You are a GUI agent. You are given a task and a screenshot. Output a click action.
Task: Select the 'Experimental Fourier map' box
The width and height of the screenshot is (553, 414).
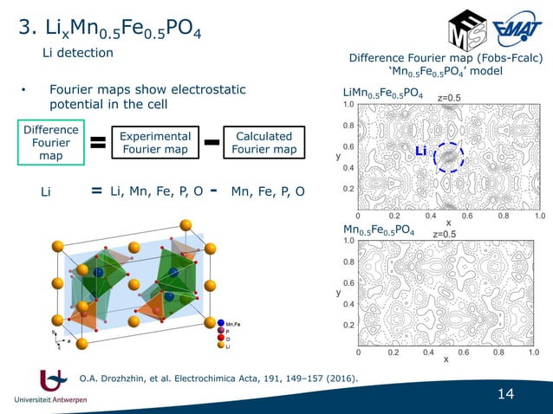(x=155, y=144)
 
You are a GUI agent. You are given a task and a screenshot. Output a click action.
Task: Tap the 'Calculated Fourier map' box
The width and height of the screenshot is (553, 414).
(x=264, y=144)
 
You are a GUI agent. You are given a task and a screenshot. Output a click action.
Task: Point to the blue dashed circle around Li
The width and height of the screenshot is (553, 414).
(x=449, y=158)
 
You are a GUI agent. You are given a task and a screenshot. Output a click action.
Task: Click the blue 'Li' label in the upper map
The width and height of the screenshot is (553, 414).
(x=421, y=152)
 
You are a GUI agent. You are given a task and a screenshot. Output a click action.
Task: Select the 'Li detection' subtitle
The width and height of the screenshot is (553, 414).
(x=79, y=54)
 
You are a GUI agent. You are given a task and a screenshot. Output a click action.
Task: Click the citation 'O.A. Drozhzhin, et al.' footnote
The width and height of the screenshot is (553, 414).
(x=218, y=378)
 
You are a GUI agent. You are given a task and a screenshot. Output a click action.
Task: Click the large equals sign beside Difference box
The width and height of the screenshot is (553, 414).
(x=99, y=144)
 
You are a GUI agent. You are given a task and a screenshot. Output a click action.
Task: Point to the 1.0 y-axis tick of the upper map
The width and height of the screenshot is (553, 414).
(x=348, y=105)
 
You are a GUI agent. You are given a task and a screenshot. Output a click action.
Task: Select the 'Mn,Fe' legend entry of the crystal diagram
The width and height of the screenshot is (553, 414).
(x=233, y=323)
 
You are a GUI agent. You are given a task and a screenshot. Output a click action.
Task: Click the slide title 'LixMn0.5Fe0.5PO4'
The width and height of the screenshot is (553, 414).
(x=111, y=32)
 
